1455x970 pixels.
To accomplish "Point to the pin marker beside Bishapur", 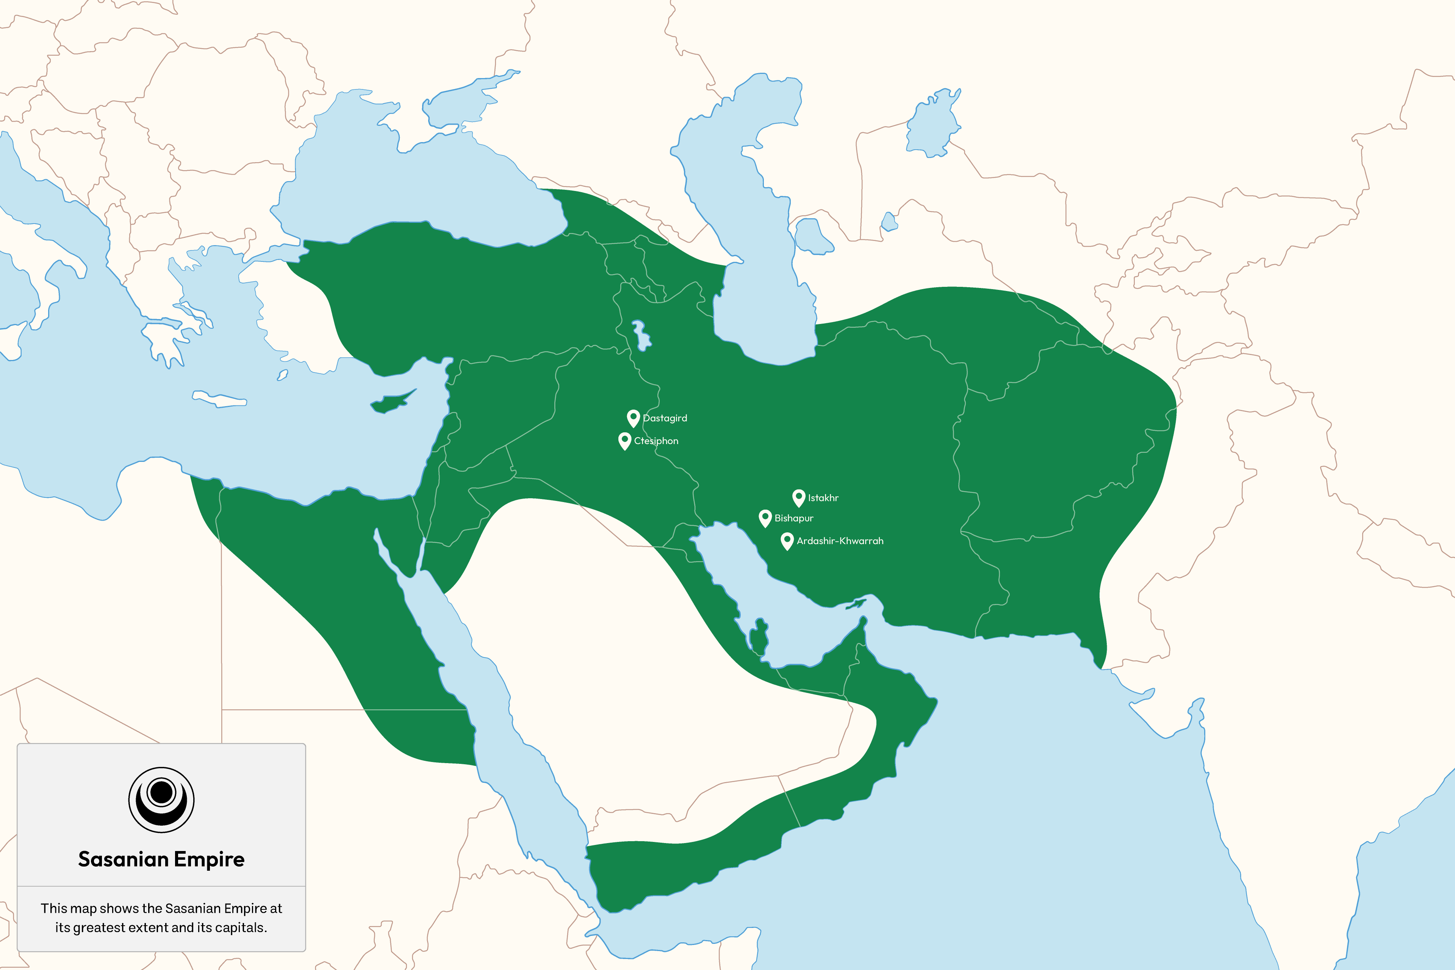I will click(x=765, y=518).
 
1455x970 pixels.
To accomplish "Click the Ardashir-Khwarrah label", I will click(x=840, y=541).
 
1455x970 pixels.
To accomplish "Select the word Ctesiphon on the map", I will click(x=656, y=441).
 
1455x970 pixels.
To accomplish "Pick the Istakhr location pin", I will click(x=799, y=498).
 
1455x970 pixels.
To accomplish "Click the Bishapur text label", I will click(x=794, y=518).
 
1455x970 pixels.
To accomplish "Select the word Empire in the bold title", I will click(x=209, y=860).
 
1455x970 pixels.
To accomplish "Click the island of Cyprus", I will click(x=391, y=402).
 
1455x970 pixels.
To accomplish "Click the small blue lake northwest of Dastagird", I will click(x=641, y=335).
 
